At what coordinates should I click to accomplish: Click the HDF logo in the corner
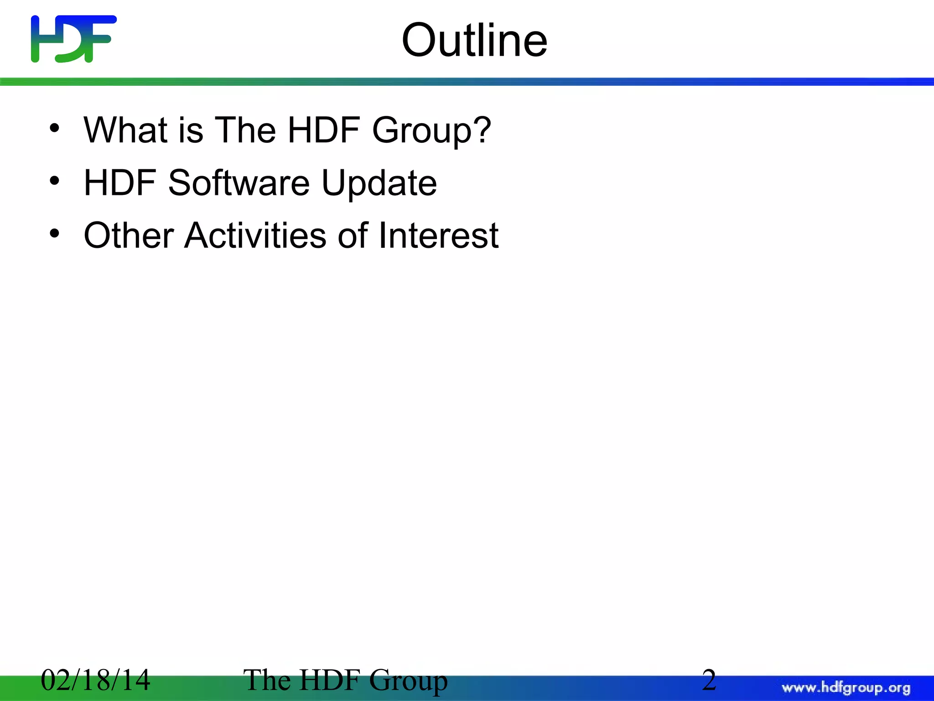coord(73,39)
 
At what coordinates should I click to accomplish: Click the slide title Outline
coord(474,41)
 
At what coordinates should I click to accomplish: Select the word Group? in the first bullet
coord(431,131)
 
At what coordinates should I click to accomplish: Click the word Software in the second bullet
coord(239,183)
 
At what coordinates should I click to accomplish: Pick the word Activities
coord(255,235)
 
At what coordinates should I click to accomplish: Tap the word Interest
coord(438,235)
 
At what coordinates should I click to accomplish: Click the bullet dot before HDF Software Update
coord(55,181)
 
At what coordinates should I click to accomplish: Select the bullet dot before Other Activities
coord(55,234)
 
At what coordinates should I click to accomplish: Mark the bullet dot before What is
coord(55,128)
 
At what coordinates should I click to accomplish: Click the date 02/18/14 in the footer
coord(95,680)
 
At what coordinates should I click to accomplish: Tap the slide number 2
coord(709,680)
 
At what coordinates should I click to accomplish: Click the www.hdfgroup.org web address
coord(846,688)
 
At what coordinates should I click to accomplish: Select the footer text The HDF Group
coord(345,680)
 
